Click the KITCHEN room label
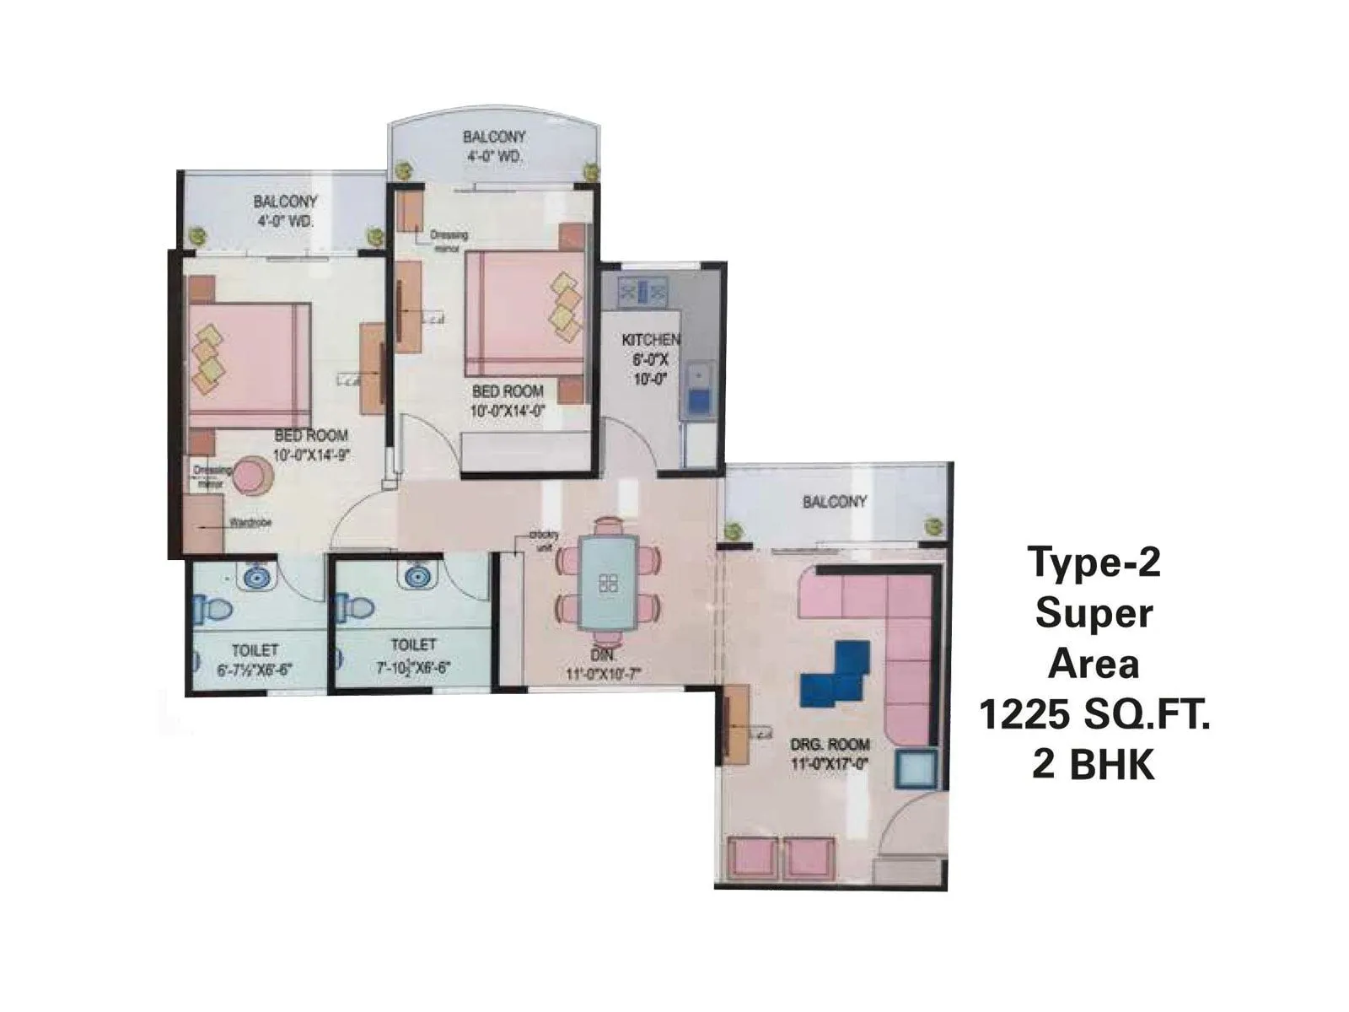click(x=650, y=340)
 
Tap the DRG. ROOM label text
click(x=830, y=745)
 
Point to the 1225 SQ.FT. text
click(x=1094, y=716)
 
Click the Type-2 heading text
click(x=1094, y=563)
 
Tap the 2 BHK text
click(x=1094, y=766)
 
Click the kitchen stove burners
click(x=642, y=292)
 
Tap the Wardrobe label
click(x=250, y=523)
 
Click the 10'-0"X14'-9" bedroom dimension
click(x=311, y=455)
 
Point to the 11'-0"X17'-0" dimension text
click(x=830, y=764)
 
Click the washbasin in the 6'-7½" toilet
click(x=259, y=578)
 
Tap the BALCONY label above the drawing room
click(x=834, y=502)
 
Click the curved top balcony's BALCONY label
click(x=494, y=137)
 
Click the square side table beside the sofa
click(x=916, y=769)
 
